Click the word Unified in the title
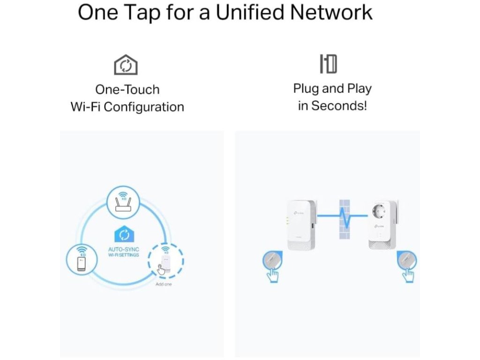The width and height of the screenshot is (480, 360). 254,12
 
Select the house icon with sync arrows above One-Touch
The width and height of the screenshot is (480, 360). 126,65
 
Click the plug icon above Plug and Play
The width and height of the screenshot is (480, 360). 329,64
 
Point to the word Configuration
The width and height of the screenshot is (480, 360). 144,107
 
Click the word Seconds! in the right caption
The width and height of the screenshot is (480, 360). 339,105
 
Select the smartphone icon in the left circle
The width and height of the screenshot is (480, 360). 82,259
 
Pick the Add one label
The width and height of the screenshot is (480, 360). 164,284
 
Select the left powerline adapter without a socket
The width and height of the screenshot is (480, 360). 300,224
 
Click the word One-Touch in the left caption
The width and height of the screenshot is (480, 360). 127,90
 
